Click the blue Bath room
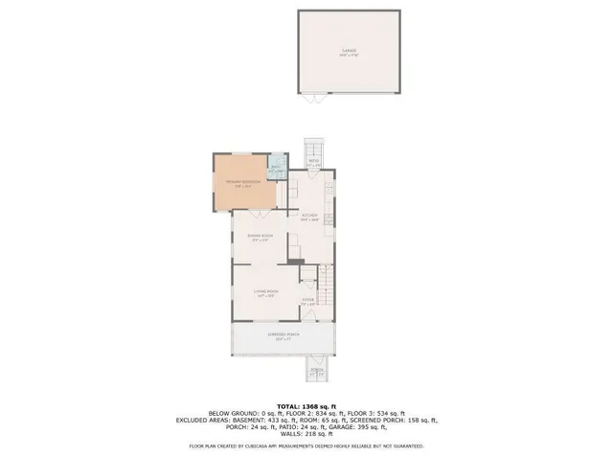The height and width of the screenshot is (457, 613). [x=276, y=169]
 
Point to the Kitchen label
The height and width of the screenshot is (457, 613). [x=309, y=217]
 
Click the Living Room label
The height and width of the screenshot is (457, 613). [x=265, y=292]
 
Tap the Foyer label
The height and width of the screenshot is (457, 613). [x=308, y=302]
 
